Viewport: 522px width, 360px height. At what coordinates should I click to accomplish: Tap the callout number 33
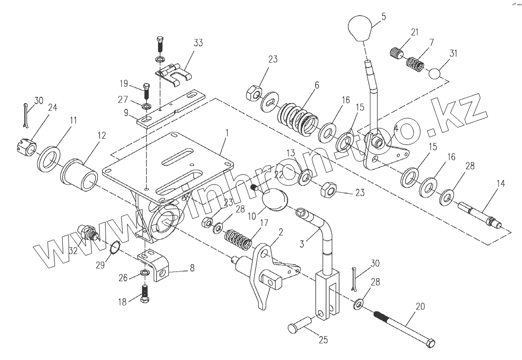coord(198,43)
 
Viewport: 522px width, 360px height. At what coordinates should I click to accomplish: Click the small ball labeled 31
coord(435,73)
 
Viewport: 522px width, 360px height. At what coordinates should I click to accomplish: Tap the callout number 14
coord(501,184)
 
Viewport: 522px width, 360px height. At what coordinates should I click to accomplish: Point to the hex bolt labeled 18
coord(145,294)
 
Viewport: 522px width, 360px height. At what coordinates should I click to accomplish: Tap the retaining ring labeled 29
coord(114,250)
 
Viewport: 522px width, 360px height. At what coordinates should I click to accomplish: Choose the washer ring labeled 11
coord(48,159)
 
